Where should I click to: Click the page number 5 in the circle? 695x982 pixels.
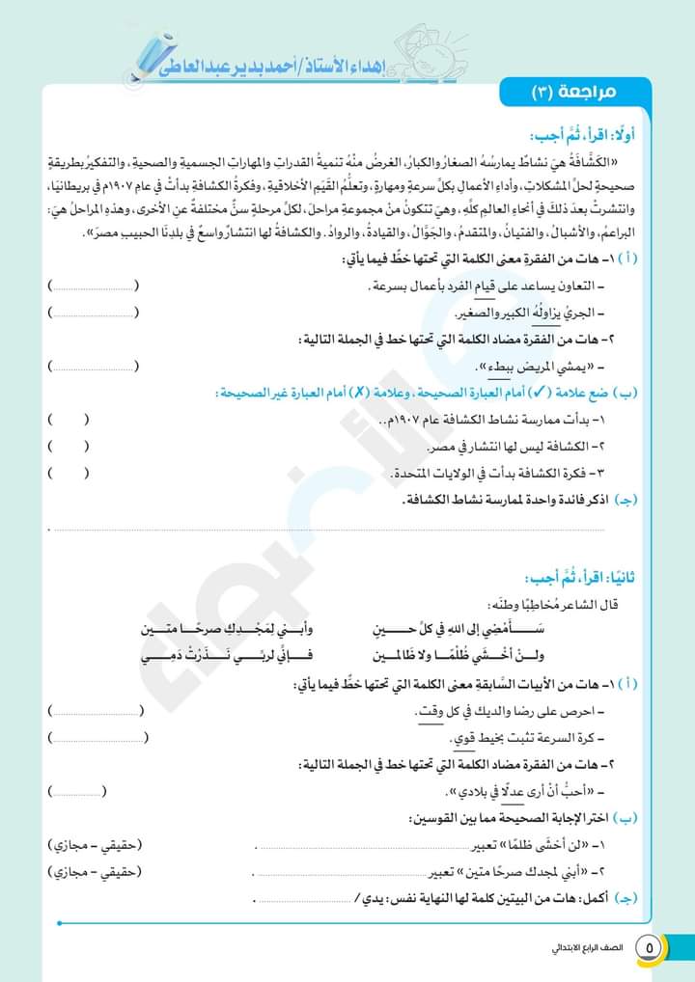coord(650,946)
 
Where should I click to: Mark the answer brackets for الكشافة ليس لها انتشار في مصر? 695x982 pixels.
coord(67,446)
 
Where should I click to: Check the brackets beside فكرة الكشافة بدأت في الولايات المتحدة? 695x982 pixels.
coord(67,473)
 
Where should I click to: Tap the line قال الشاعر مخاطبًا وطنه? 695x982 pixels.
coord(555,605)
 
